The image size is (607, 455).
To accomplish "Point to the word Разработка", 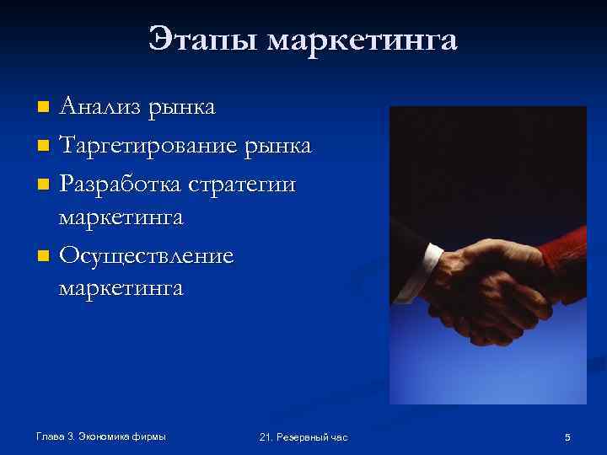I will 125,184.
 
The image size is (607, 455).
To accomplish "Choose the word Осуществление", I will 146,254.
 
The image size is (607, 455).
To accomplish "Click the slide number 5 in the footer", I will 567,437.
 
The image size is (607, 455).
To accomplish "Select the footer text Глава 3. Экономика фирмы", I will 101,436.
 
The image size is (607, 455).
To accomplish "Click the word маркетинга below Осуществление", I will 121,288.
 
